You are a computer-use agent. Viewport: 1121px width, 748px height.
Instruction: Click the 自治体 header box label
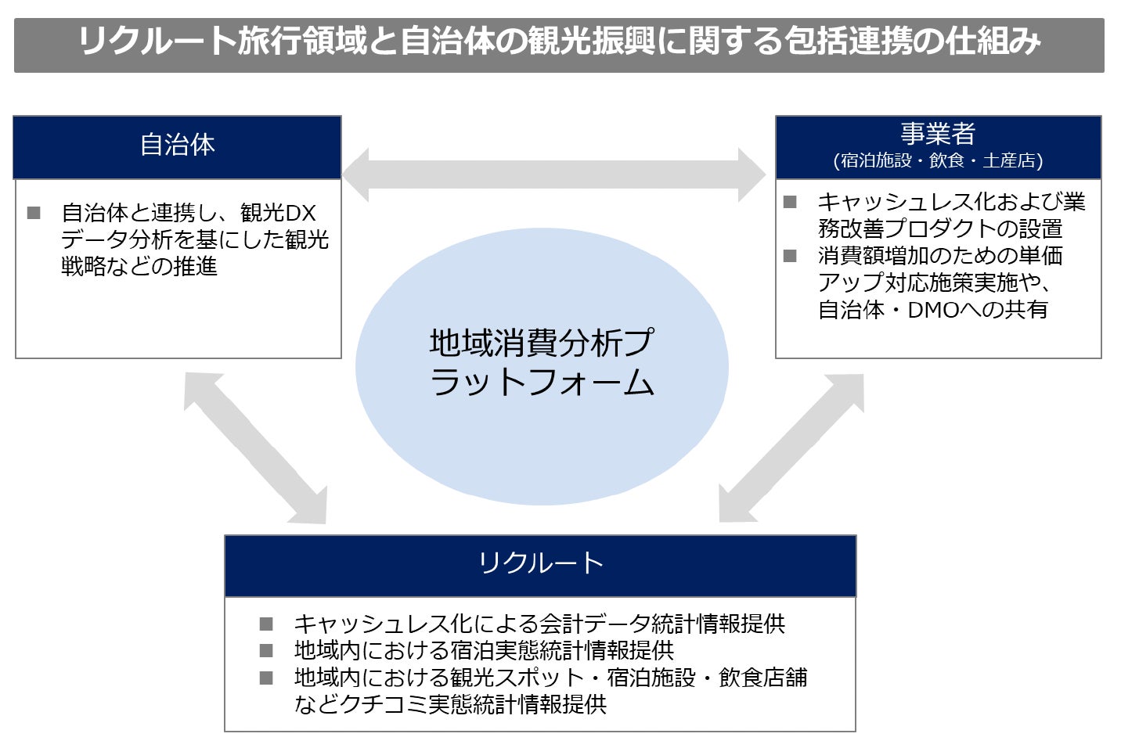pos(178,146)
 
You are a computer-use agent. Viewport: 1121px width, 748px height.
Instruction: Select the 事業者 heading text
pos(938,135)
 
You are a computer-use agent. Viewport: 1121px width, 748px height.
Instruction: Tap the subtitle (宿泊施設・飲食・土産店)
pos(938,161)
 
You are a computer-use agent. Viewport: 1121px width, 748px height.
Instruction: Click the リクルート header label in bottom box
pos(540,563)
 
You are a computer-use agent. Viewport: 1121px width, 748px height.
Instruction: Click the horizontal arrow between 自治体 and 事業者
pos(554,174)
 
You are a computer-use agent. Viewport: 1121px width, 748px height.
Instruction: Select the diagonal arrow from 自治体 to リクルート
pos(255,448)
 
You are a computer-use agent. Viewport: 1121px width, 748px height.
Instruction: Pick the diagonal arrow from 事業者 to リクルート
pos(791,448)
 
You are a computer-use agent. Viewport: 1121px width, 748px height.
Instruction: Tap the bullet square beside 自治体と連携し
pos(34,213)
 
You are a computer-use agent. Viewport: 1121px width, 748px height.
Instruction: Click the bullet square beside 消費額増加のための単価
pos(790,256)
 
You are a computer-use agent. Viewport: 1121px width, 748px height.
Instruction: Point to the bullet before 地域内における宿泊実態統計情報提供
pos(266,651)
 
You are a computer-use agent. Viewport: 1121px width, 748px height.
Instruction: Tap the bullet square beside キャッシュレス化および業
pos(790,202)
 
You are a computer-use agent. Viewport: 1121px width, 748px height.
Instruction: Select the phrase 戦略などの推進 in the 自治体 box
pos(139,267)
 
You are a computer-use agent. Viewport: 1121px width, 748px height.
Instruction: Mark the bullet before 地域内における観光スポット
pos(266,678)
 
